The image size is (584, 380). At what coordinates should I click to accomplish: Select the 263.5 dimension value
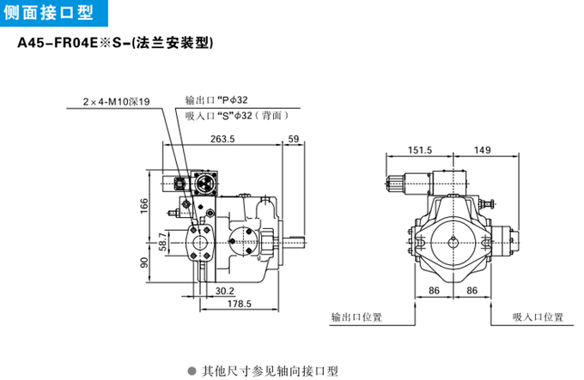point(222,140)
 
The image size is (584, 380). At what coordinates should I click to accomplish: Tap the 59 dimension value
point(294,140)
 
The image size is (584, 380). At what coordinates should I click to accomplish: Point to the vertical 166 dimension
point(144,205)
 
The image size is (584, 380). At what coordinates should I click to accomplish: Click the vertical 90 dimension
point(144,262)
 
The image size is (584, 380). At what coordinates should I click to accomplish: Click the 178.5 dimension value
point(238,304)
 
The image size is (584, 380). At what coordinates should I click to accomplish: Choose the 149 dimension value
point(482,150)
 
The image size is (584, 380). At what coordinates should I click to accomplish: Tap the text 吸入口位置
point(538,317)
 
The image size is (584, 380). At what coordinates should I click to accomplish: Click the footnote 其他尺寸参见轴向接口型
point(271,371)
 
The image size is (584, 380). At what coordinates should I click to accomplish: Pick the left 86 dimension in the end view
point(435,292)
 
